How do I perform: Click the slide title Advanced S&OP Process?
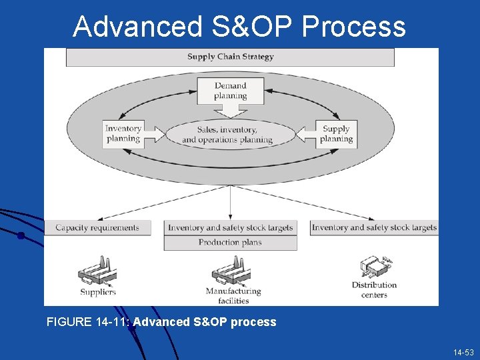[x=239, y=27]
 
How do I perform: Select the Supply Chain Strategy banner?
[x=230, y=57]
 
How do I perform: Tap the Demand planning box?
[x=230, y=90]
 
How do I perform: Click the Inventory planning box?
[x=123, y=133]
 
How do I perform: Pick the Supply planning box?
[x=336, y=133]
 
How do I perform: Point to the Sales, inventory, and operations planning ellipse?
[x=229, y=135]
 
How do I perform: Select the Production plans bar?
[x=230, y=243]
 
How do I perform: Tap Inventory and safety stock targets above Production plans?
[x=230, y=227]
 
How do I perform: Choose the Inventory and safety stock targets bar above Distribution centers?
[x=374, y=227]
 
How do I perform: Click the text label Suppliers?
[x=98, y=291]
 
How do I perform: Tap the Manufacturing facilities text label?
[x=233, y=295]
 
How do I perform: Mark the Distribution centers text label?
[x=374, y=289]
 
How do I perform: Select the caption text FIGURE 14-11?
[x=88, y=322]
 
